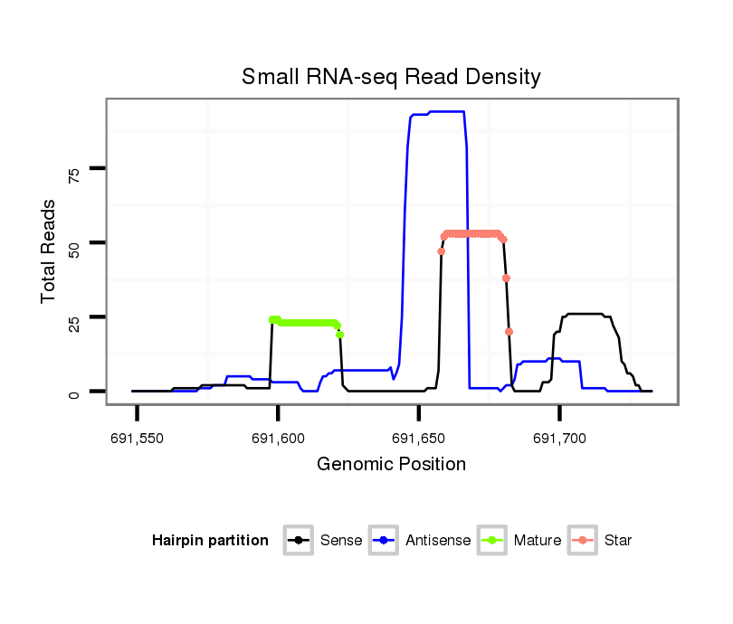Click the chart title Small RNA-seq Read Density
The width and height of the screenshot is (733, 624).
point(391,77)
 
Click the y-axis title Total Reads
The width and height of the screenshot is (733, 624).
point(51,251)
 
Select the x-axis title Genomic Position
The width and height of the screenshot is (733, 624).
point(391,465)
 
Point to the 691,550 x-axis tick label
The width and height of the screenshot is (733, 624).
point(138,439)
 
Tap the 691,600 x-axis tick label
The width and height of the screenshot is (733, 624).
point(278,439)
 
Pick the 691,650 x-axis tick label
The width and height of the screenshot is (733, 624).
point(418,439)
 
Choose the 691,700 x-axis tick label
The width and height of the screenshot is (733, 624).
point(559,439)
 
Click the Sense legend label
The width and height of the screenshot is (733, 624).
point(341,541)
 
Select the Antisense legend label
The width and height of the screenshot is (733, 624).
point(438,541)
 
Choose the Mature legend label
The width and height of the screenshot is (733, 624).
point(538,541)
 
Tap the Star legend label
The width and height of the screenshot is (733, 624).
point(618,541)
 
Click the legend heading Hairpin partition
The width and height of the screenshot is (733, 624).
point(211,541)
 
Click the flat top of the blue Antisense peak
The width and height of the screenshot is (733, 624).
point(443,111)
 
